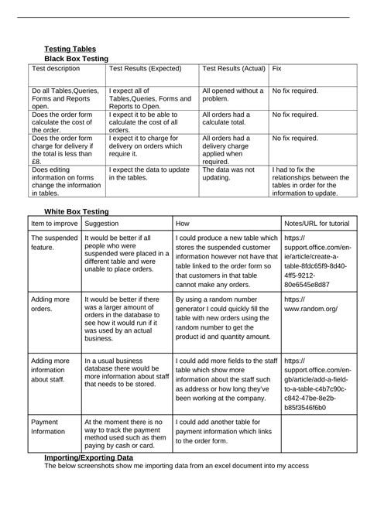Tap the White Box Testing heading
pos(77,211)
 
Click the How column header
pos(183,222)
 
